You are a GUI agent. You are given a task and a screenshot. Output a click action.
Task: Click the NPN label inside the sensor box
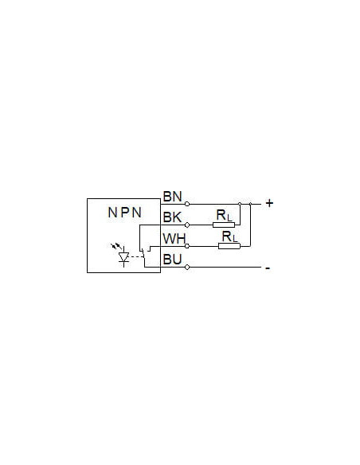coord(124,213)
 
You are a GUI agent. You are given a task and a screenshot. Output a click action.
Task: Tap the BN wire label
coord(172,197)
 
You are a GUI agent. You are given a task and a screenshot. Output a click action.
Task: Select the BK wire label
coord(172,217)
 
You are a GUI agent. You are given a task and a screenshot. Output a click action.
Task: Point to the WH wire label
coord(174,238)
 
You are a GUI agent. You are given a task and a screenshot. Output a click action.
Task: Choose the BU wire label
coord(172,260)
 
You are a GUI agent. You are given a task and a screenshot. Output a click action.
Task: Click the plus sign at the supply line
coord(269,203)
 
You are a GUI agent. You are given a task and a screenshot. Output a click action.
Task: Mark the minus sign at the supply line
coord(268,268)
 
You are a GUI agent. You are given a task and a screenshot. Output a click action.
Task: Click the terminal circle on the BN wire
coord(187,204)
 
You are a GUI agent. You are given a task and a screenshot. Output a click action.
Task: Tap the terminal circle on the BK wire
coord(187,225)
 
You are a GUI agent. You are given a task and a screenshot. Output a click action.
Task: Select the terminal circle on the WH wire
coord(187,246)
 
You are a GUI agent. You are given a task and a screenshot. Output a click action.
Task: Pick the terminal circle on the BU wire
coord(187,268)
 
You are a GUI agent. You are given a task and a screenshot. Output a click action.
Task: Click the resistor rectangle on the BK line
coord(224,225)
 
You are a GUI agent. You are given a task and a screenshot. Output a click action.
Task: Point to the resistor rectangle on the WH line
coord(229,246)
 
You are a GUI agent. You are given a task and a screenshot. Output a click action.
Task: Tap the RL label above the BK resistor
coord(224,215)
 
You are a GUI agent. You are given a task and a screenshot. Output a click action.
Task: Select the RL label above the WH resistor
coord(230,236)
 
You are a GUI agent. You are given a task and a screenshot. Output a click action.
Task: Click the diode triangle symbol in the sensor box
coord(123,257)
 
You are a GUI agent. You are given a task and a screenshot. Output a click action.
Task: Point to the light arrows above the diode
coord(116,246)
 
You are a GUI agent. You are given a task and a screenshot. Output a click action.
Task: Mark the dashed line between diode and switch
coord(136,257)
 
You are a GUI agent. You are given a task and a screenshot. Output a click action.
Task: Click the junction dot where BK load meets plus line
coord(240,204)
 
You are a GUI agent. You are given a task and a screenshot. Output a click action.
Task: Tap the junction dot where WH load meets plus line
coord(250,204)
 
